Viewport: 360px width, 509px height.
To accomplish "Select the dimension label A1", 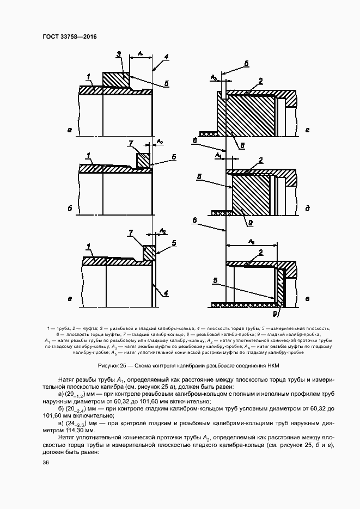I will coord(141,53).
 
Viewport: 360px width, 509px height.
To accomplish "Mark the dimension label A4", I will coord(218,155).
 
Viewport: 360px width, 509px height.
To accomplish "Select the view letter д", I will coord(308,208).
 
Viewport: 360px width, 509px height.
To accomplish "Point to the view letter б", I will coord(70,208).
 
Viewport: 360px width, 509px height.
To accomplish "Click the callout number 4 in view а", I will coord(166,56).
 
